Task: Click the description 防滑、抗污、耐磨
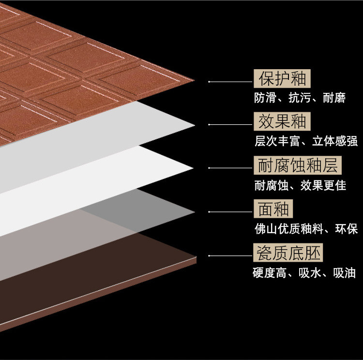tap(300, 98)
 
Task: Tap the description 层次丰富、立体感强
tap(305, 141)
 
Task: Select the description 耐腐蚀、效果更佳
tap(300, 185)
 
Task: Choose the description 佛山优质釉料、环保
tap(306, 228)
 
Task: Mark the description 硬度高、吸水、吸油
tap(304, 273)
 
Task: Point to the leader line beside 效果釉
tap(230, 125)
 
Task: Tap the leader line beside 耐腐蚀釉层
tap(230, 168)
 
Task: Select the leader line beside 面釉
tap(230, 211)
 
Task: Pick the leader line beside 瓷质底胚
tap(230, 255)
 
